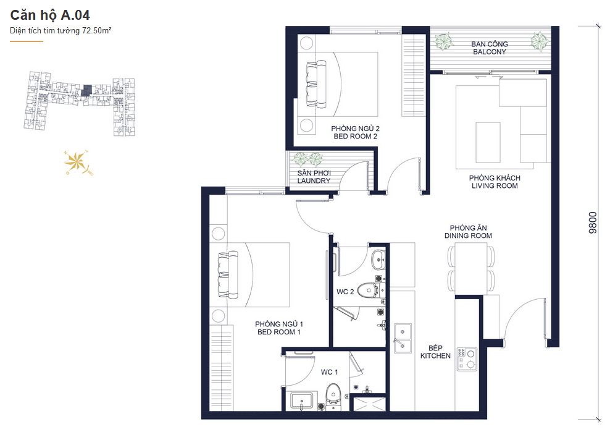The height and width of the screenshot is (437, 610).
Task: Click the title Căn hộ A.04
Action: pyautogui.click(x=50, y=15)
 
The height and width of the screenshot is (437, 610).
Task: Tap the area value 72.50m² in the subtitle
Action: pyautogui.click(x=96, y=30)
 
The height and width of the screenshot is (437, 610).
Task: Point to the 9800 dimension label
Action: pyautogui.click(x=593, y=223)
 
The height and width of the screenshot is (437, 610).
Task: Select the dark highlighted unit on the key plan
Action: pyautogui.click(x=87, y=91)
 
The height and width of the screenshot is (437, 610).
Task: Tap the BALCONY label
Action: pyautogui.click(x=490, y=52)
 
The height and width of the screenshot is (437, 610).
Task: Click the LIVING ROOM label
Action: pyautogui.click(x=495, y=186)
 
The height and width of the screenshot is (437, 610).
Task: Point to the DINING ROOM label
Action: pyautogui.click(x=468, y=235)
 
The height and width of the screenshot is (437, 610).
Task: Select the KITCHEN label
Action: pyautogui.click(x=435, y=355)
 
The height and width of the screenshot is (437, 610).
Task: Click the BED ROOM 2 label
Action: pyautogui.click(x=355, y=137)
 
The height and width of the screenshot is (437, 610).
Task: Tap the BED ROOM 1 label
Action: pyautogui.click(x=278, y=332)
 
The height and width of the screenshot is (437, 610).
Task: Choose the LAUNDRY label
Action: pyautogui.click(x=314, y=180)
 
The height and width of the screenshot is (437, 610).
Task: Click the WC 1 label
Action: pyautogui.click(x=329, y=372)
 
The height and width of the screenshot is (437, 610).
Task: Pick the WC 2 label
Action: pyautogui.click(x=345, y=292)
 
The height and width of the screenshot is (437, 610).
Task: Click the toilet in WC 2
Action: pyautogui.click(x=367, y=290)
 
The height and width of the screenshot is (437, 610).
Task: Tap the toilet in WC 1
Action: pyautogui.click(x=333, y=394)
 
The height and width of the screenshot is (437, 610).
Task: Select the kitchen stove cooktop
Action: pyautogui.click(x=467, y=359)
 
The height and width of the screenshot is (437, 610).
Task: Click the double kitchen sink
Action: pyautogui.click(x=403, y=338)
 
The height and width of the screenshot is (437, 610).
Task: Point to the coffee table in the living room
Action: pyautogui.click(x=488, y=142)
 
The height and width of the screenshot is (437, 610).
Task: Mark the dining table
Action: pyautogui.click(x=471, y=269)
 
